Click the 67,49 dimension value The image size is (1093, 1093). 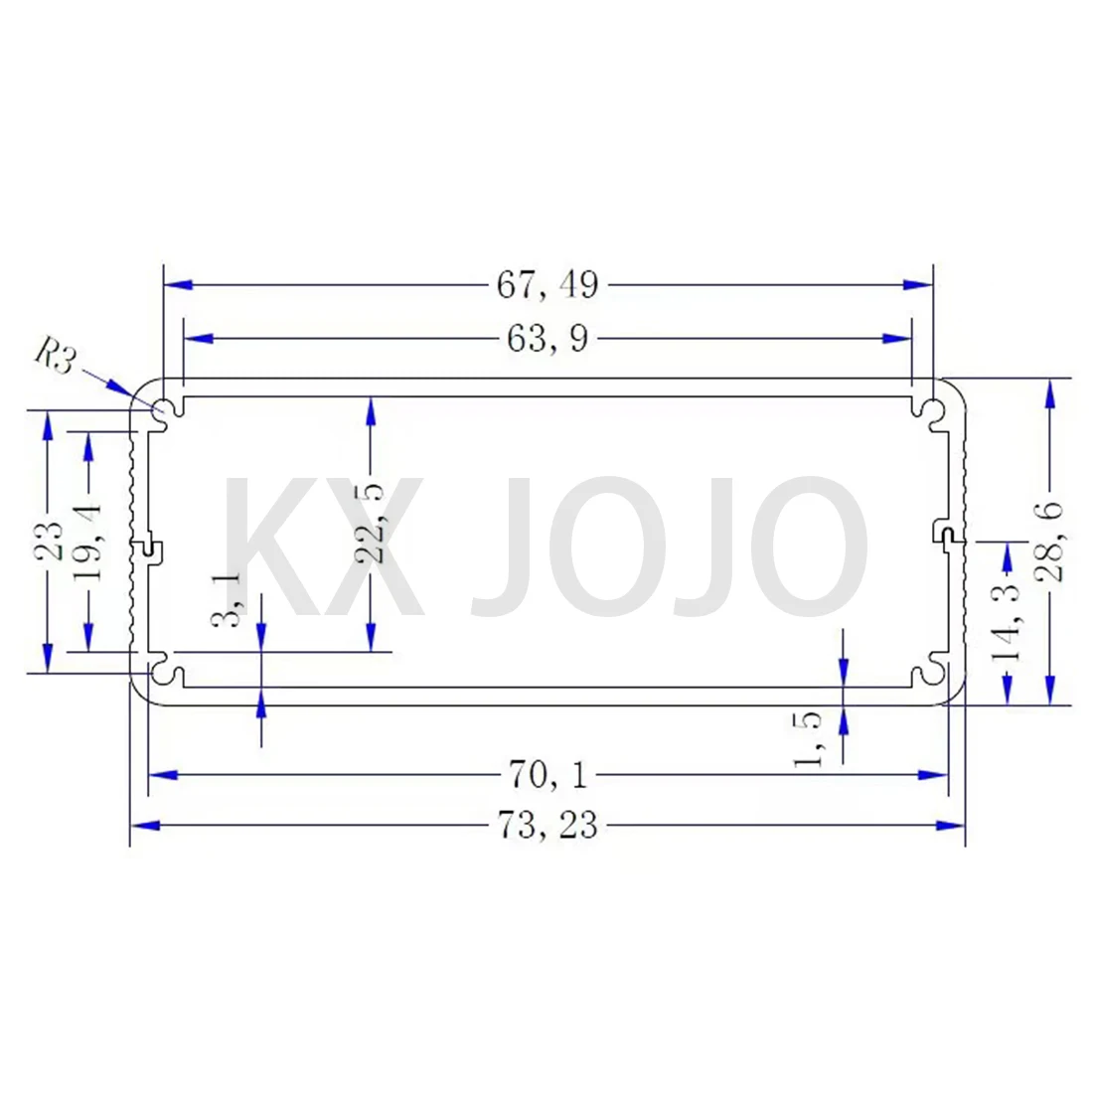pos(547,285)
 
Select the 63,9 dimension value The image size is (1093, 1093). pos(547,340)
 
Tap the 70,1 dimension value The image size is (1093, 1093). pos(547,774)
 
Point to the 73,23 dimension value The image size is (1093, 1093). pos(547,825)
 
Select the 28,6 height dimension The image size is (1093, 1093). pos(1049,542)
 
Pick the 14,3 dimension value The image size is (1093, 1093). pos(1010,624)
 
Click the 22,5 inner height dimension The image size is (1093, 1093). pos(371,523)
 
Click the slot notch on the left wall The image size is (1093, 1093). pos(149,546)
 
